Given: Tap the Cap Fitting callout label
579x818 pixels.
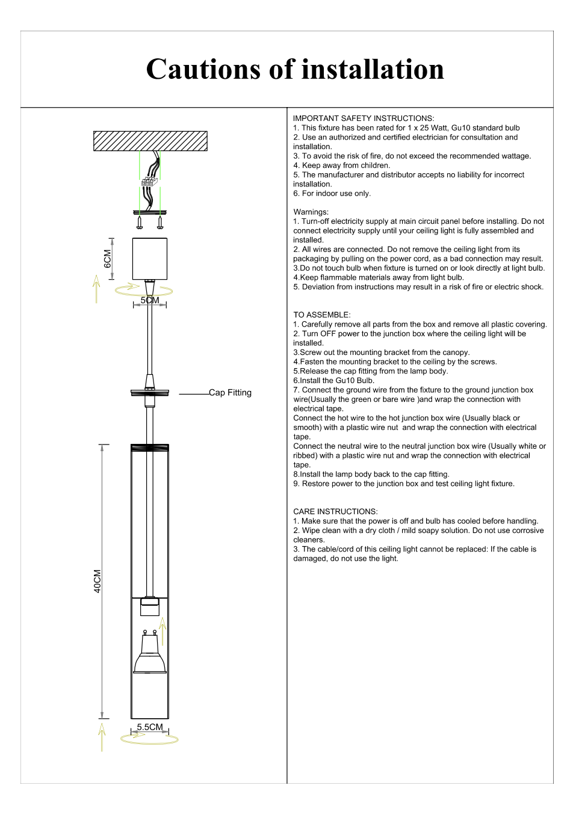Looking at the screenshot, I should tap(230, 393).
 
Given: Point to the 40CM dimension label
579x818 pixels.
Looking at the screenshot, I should tap(98, 581).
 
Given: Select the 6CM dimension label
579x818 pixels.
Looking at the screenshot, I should tap(108, 259).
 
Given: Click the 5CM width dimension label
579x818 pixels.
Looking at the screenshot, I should tap(150, 300).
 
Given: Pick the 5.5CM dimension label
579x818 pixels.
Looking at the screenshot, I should tap(150, 727).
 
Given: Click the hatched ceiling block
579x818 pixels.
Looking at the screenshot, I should tap(150, 141).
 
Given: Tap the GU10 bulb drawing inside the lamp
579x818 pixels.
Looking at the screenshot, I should tap(150, 654).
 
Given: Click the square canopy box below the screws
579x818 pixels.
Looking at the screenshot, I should tap(150, 259).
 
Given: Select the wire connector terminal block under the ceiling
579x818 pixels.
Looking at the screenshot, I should tap(149, 181).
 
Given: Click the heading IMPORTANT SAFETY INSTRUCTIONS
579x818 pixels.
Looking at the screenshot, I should tap(364, 118).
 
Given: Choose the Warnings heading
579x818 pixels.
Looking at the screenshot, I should tap(311, 212).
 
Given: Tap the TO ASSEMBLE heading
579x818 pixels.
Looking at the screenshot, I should tap(321, 315).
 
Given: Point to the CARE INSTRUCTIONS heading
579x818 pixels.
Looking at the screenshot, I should tap(335, 512).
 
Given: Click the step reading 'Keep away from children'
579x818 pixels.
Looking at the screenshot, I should tap(341, 165).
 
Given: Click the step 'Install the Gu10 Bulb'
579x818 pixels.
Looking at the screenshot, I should tap(334, 381).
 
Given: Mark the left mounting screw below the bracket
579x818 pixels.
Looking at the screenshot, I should tap(140, 223).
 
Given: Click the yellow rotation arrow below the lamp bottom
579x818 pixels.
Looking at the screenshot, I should tap(150, 739).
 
